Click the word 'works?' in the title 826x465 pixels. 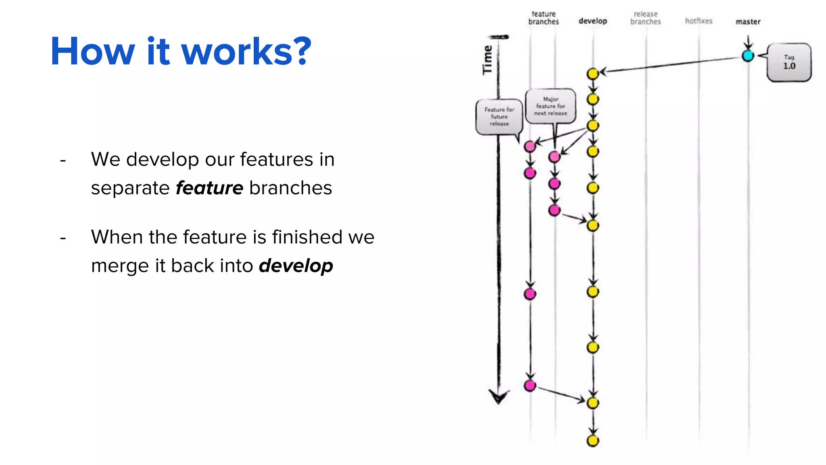tap(246, 52)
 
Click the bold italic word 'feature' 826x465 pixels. tap(209, 188)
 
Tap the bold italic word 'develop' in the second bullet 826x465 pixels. tap(296, 266)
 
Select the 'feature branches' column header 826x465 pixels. tap(543, 18)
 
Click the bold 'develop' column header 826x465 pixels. tap(592, 21)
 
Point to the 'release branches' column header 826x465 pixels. tap(645, 18)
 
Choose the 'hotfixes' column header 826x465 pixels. tap(699, 21)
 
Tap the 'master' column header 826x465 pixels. tap(748, 22)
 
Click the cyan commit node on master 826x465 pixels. tap(748, 56)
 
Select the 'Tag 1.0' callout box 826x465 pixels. tap(789, 63)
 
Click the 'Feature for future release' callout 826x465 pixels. tap(499, 117)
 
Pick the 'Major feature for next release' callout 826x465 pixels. tap(551, 106)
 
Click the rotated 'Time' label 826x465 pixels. tap(488, 60)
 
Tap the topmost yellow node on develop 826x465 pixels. tap(592, 74)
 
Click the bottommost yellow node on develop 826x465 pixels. tap(592, 441)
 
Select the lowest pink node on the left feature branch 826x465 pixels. tap(530, 385)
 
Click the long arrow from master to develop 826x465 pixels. tap(670, 65)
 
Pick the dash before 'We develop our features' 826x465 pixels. tap(63, 161)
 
